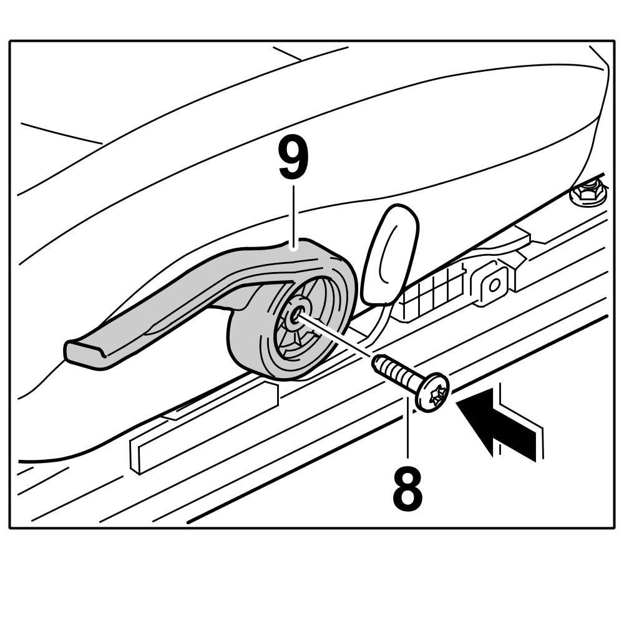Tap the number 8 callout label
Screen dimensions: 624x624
click(407, 487)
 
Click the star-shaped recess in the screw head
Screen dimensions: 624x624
click(436, 393)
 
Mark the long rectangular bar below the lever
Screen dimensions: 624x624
click(206, 431)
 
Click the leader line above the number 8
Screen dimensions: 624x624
click(407, 431)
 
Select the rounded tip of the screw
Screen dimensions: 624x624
click(377, 361)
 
